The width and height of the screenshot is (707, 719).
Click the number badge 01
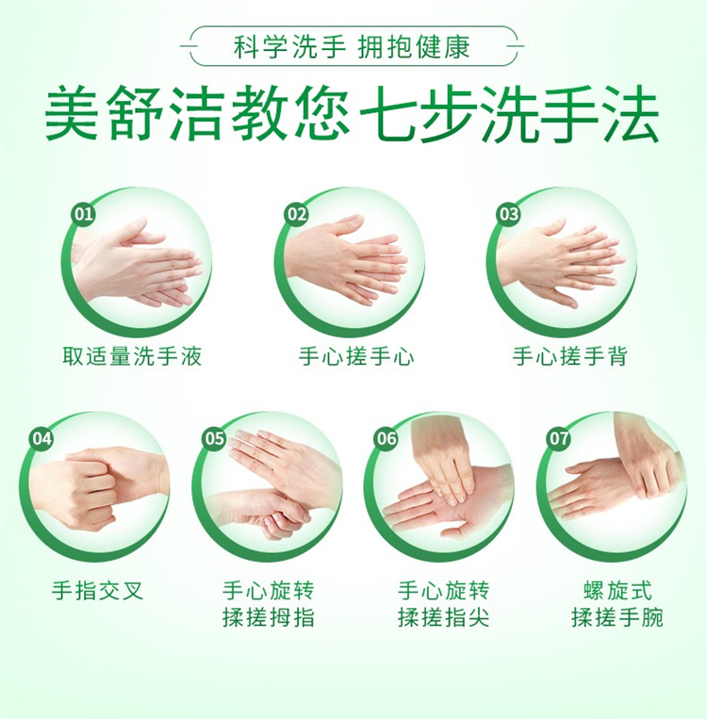[84, 214]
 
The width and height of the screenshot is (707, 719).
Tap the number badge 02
[296, 214]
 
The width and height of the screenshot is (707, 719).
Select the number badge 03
[509, 214]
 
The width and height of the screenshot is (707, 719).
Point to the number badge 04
[41, 438]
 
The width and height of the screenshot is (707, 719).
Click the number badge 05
[214, 438]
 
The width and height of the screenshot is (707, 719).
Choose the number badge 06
[386, 438]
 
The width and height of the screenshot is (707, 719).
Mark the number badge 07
[559, 438]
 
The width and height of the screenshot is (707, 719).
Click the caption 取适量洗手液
[132, 356]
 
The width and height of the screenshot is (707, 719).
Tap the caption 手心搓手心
[356, 356]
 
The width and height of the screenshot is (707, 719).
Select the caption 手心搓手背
[569, 356]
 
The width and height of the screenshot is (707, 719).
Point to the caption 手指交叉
[97, 590]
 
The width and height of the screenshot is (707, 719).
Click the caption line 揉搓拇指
[269, 616]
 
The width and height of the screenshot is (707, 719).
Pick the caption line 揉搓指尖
[444, 616]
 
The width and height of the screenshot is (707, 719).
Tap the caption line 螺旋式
[617, 590]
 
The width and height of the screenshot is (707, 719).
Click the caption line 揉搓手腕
[617, 616]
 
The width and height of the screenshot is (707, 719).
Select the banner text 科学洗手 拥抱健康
[352, 47]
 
